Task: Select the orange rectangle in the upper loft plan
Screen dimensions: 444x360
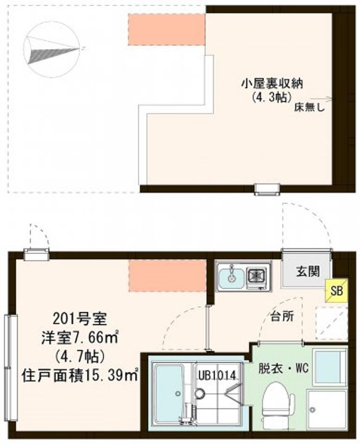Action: click(x=166, y=29)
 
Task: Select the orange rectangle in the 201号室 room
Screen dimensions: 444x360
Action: click(x=167, y=276)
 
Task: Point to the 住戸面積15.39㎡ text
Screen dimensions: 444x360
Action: click(x=80, y=373)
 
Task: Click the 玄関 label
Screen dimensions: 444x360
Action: click(x=306, y=270)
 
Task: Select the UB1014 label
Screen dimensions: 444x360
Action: click(x=217, y=374)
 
